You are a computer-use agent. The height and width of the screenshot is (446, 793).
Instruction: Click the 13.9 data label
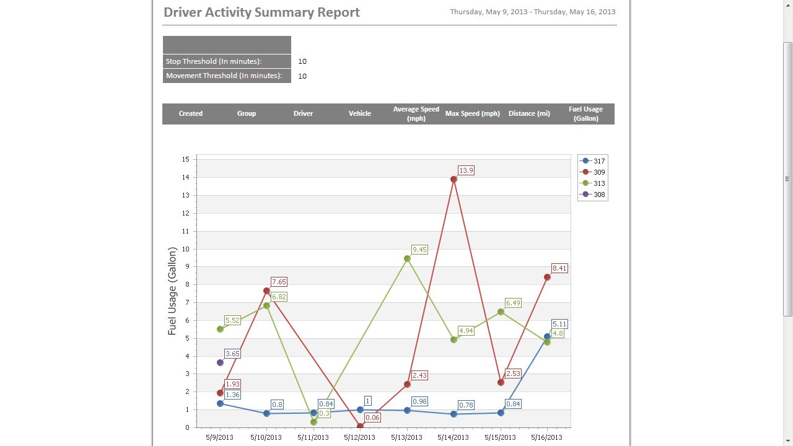(466, 170)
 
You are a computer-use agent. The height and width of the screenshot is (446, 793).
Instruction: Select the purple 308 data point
(220, 362)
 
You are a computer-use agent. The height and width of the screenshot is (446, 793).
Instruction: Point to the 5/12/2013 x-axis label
(360, 437)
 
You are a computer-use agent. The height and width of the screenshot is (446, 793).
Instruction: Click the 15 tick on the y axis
(185, 159)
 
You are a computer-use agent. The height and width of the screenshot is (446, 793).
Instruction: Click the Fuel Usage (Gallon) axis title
(172, 291)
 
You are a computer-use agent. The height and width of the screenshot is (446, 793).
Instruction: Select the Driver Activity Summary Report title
(261, 12)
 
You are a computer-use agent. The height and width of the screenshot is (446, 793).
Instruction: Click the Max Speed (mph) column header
(472, 114)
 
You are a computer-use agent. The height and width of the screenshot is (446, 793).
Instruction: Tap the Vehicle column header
(359, 114)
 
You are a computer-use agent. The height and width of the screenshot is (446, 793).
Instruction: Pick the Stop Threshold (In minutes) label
(213, 61)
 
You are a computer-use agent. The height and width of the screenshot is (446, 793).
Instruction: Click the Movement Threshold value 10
(302, 76)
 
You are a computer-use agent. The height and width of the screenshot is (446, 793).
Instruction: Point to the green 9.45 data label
(419, 250)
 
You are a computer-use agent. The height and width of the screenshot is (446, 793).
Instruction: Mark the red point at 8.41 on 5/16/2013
(547, 278)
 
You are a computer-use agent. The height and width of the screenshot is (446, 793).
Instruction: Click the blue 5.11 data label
(559, 324)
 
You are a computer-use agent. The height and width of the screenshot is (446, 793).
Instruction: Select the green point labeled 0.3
(313, 422)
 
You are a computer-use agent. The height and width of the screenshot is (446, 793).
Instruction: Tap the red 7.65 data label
(279, 282)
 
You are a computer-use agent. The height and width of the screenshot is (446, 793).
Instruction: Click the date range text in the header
(532, 12)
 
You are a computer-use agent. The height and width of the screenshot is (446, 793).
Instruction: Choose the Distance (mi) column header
(529, 114)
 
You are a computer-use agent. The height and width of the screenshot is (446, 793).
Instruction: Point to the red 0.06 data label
(372, 418)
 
